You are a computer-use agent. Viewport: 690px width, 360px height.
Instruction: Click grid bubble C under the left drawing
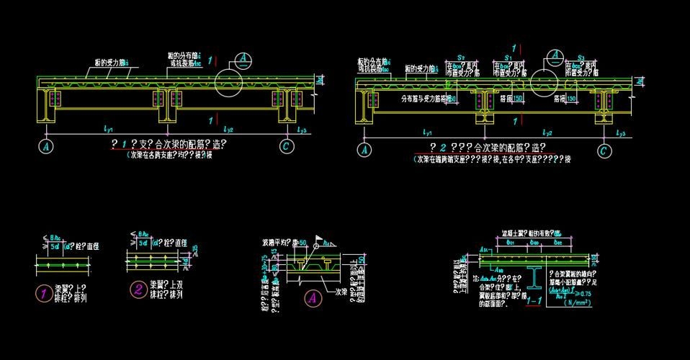287,145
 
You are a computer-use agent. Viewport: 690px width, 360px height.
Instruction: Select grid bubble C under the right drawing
604,150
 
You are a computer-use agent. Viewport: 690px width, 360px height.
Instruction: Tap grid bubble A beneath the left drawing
46,145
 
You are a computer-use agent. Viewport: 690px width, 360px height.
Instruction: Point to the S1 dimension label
508,56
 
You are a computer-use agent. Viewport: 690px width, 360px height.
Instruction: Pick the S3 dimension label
581,56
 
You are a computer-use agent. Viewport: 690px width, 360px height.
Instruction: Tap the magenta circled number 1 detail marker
44,292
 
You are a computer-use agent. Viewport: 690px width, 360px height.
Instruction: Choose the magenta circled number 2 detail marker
137,290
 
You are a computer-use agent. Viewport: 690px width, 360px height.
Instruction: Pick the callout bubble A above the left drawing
245,58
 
